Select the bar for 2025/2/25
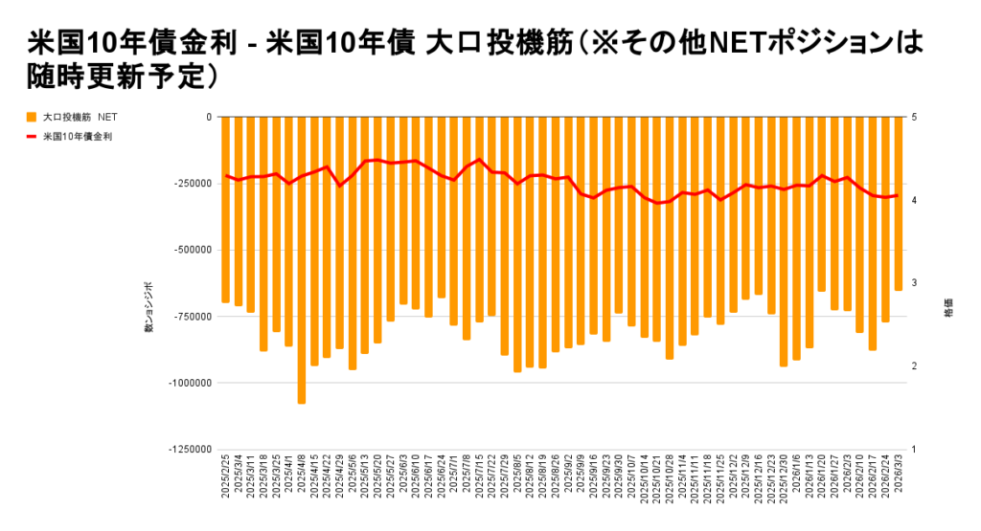[226, 210]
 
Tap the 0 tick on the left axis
[209, 117]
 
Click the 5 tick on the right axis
[915, 117]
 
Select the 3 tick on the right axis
[915, 283]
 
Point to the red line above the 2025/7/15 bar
[480, 159]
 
